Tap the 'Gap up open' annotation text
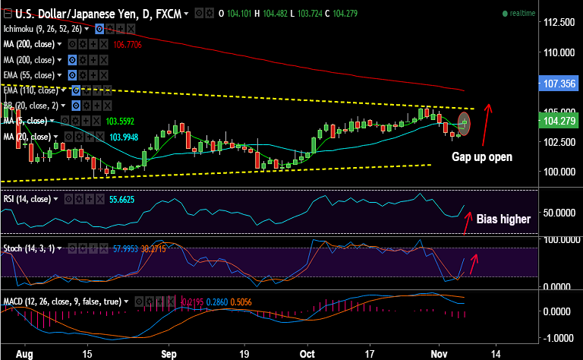tap(482, 157)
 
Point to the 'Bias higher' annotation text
tap(503, 219)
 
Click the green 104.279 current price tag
tap(558, 120)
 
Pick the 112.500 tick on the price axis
tap(558, 23)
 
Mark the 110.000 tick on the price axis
tap(558, 52)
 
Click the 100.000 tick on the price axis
tap(558, 172)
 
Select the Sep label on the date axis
tap(169, 353)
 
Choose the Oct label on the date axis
tap(307, 353)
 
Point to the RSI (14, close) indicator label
tap(28, 199)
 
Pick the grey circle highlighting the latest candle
tap(465, 123)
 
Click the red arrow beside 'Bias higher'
tap(468, 220)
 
